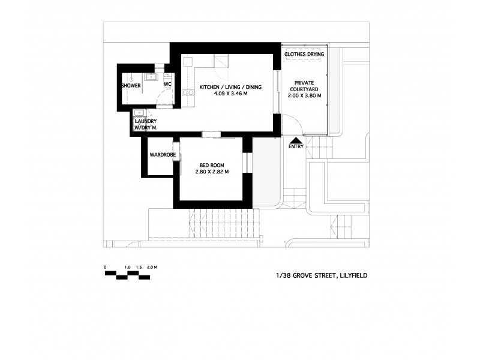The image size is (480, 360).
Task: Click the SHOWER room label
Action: click(131, 86)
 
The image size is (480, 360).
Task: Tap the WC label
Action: click(167, 86)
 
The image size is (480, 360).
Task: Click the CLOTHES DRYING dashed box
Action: click(304, 55)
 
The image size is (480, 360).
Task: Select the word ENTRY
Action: click(296, 146)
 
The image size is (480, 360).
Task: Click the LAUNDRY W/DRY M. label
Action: click(146, 124)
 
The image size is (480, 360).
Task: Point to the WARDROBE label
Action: click(161, 155)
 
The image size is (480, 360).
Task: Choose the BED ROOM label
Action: click(212, 165)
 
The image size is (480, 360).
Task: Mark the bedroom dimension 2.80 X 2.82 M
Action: click(212, 172)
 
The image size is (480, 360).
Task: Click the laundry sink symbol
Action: click(139, 112)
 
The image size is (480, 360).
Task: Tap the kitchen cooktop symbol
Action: click(187, 92)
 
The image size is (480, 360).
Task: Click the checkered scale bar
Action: click(128, 275)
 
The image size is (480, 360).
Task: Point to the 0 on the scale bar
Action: click(105, 266)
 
